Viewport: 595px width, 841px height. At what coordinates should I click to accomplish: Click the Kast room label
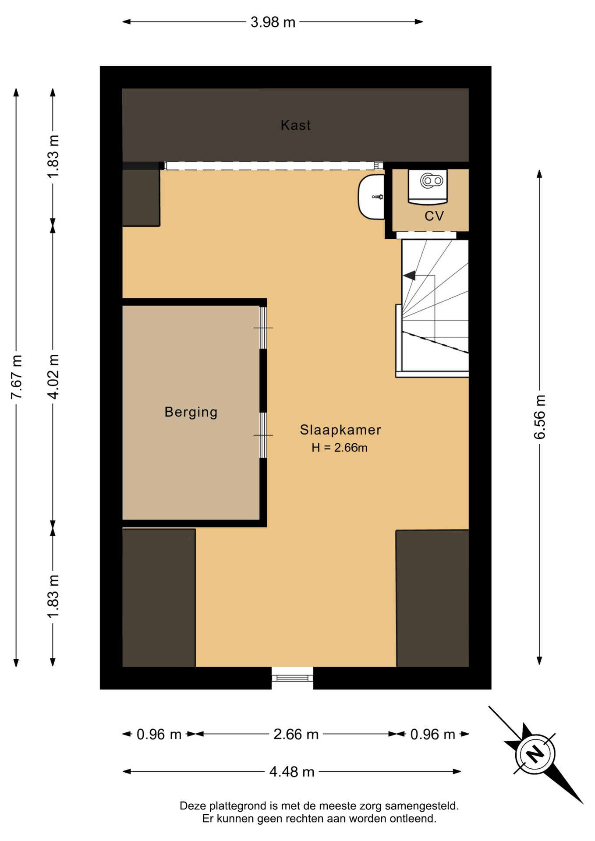point(296,125)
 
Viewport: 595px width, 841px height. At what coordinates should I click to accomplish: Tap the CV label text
point(434,216)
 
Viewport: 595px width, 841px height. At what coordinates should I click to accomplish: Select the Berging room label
point(191,412)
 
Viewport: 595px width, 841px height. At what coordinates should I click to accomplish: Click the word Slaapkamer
point(340,430)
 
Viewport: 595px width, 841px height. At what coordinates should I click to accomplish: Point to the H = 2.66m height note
point(340,448)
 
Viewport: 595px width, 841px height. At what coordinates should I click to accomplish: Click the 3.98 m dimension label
point(273,22)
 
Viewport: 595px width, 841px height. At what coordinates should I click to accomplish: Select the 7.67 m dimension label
point(16,377)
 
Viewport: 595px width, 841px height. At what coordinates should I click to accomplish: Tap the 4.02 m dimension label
point(53,377)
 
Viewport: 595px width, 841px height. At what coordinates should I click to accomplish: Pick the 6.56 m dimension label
point(539,417)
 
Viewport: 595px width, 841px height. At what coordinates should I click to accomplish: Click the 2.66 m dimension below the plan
point(296,734)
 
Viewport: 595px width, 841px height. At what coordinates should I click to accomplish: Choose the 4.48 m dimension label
point(292,771)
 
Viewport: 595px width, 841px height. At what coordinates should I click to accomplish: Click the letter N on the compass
point(535,754)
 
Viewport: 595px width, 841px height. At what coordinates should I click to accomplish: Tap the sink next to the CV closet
point(371,197)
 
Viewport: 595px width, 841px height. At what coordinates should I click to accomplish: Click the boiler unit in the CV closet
point(428,187)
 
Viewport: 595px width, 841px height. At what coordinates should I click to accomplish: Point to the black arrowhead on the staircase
point(410,276)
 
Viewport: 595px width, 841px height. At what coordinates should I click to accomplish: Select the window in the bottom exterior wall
point(292,678)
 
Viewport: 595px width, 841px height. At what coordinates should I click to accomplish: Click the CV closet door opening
point(426,235)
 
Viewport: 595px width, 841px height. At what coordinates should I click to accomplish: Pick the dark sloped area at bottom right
point(432,598)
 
